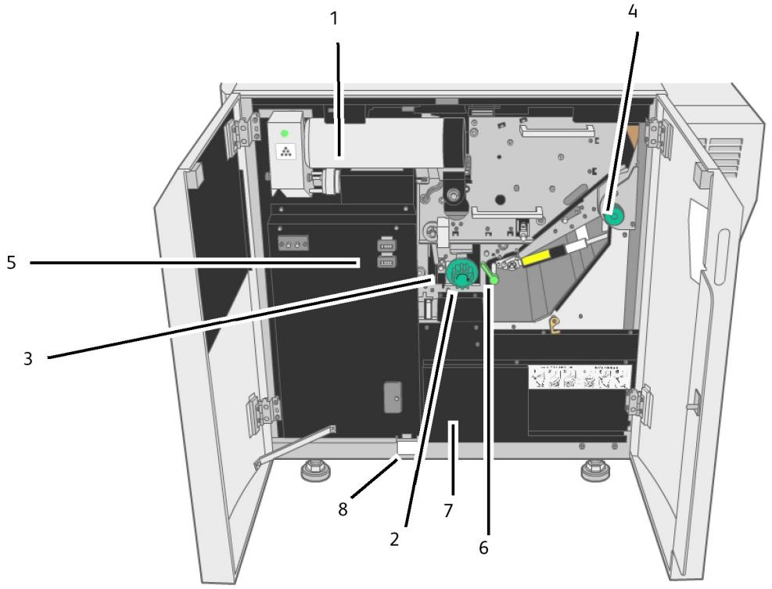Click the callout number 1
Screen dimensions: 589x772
point(335,18)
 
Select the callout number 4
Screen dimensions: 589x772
point(633,12)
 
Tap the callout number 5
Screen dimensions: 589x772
point(11,263)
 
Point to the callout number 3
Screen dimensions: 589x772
point(29,360)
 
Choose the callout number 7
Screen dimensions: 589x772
point(449,510)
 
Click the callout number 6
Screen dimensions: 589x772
point(483,547)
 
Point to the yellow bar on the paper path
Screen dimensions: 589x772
point(545,257)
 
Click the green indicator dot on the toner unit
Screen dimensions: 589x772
point(285,134)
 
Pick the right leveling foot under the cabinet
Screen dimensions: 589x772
point(591,472)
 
